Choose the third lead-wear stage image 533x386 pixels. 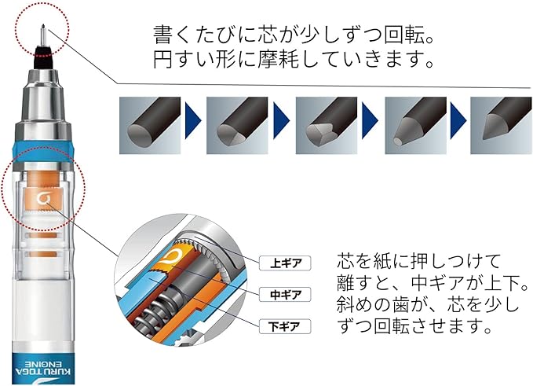[x=328, y=123]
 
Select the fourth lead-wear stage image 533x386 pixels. [x=416, y=123]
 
